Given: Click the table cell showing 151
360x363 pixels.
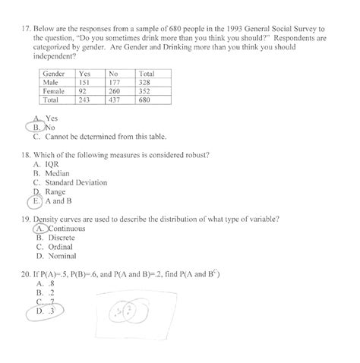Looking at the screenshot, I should tap(85, 82).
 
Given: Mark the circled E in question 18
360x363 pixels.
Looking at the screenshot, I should tap(36, 202).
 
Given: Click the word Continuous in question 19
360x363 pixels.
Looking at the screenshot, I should tap(67, 229).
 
